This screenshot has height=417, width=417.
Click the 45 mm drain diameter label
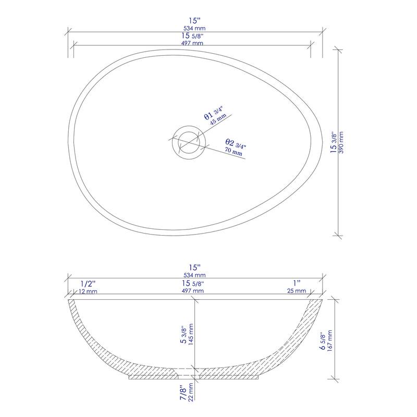(x=217, y=120)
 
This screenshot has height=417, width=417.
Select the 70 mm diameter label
(x=233, y=152)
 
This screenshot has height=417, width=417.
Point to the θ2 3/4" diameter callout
(x=235, y=143)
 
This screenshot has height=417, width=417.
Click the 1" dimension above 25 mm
(x=297, y=283)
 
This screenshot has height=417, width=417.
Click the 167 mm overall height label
(x=329, y=340)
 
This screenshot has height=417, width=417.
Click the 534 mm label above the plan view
(x=195, y=28)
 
